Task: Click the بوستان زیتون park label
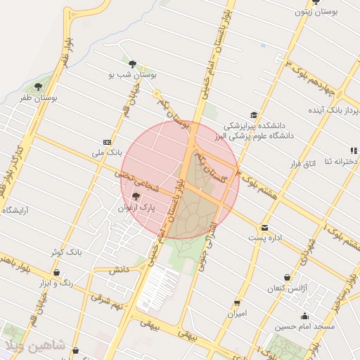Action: (333, 13)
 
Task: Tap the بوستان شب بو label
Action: (133, 73)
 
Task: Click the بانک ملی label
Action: (108, 151)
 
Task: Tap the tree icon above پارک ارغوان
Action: (136, 196)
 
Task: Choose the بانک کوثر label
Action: (67, 251)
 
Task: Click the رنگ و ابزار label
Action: (58, 282)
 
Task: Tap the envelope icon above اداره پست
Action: (264, 227)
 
